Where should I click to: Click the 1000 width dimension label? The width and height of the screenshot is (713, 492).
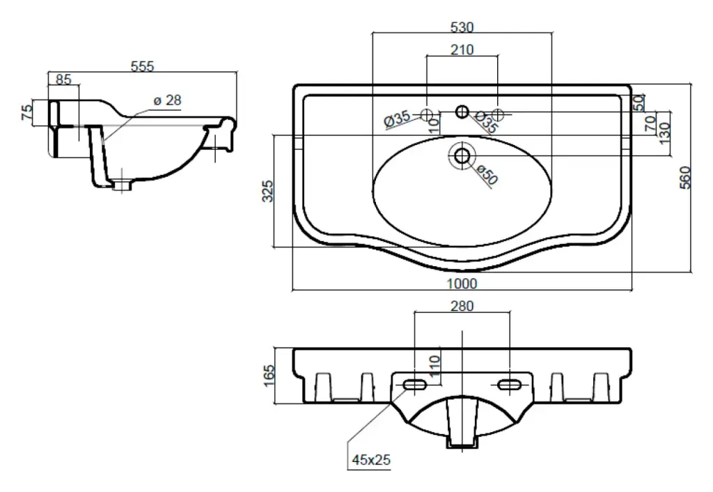point(461,283)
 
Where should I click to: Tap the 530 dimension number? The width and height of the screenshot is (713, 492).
point(462,27)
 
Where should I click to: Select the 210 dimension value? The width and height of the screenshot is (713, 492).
point(462,49)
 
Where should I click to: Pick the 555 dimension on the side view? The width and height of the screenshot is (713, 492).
point(142,66)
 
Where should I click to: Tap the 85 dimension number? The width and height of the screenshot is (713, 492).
point(63,79)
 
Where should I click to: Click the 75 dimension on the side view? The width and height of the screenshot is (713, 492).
point(27,113)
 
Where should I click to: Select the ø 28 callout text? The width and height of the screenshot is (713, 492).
point(167,100)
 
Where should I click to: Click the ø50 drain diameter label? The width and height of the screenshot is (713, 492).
point(487,174)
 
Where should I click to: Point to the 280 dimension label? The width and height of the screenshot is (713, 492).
point(462,306)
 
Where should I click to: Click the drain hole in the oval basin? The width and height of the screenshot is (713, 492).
point(462,155)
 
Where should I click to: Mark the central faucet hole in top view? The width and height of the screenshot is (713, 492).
point(462,112)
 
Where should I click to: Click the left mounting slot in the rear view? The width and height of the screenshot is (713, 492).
point(415,385)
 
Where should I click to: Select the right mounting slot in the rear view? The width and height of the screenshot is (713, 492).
point(510,385)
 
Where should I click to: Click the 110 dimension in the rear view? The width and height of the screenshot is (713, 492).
point(435,364)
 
